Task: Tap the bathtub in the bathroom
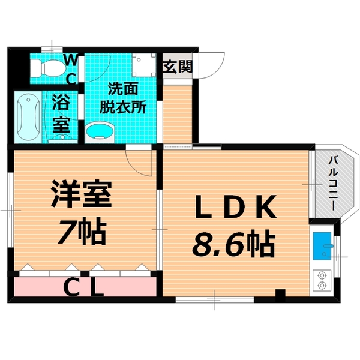[x=28, y=117]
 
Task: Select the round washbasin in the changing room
[x=100, y=133]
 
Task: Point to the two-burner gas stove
[x=322, y=280]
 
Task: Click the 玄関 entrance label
[x=177, y=67]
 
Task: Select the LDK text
[x=235, y=206]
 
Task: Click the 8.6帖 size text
[x=233, y=244]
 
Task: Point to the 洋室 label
[x=81, y=194]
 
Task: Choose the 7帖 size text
[x=82, y=230]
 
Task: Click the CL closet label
[x=83, y=287]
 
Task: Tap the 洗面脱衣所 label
[x=123, y=98]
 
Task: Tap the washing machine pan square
[x=144, y=65]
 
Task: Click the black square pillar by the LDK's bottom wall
[x=280, y=296]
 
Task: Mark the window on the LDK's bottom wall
[x=215, y=299]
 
